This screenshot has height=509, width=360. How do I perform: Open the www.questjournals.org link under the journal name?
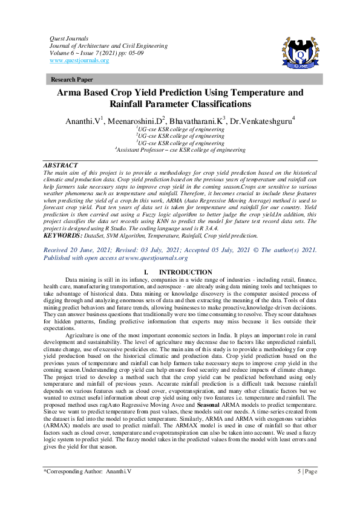coord(79,60)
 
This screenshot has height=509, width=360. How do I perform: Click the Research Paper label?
coord(72,79)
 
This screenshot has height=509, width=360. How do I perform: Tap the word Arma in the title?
coord(69,93)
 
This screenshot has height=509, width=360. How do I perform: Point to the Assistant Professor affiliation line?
coord(180,150)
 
